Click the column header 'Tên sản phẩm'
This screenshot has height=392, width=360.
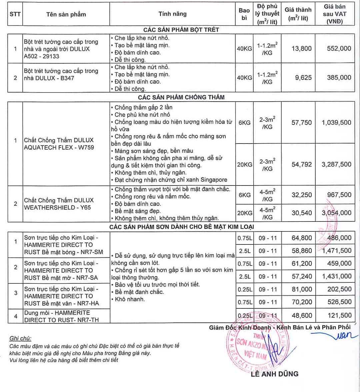66,14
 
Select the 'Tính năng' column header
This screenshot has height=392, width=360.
172,14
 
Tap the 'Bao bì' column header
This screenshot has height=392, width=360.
244,14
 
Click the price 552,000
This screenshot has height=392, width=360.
339,49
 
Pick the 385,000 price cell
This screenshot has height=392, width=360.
339,78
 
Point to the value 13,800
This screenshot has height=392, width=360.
301,49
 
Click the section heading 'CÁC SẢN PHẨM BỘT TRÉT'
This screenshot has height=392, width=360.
181,30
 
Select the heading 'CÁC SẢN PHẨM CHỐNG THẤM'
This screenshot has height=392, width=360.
181,97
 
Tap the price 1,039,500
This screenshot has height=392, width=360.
336,123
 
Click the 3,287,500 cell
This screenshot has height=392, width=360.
336,165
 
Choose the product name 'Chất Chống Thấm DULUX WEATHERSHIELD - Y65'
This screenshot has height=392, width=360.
59,204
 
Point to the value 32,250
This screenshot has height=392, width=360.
302,195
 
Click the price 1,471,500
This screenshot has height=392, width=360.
337,251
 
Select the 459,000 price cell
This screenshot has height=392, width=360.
339,263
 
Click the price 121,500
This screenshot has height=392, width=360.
339,315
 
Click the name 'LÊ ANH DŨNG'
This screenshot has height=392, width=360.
274,374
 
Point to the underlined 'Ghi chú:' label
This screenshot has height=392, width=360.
20,338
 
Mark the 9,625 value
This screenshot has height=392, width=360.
303,78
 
